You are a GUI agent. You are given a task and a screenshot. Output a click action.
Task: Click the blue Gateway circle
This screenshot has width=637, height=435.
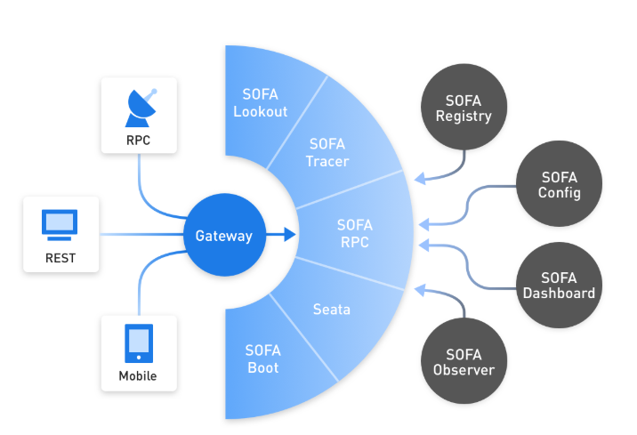[x=224, y=236]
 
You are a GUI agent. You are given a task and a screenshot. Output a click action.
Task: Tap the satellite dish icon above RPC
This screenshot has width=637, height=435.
[x=140, y=107]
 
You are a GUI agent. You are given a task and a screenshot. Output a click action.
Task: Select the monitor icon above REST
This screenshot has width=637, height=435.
[x=60, y=225]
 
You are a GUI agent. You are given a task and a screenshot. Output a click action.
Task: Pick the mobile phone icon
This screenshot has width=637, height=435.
[x=138, y=343]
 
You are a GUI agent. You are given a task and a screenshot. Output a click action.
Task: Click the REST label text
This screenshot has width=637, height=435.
[x=60, y=259]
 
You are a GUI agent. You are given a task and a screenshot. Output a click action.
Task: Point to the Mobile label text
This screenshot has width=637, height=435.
[x=138, y=376]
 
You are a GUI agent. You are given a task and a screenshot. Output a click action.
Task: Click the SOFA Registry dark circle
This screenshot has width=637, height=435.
[x=464, y=108]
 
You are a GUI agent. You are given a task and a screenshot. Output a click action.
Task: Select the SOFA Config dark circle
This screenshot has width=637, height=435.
[x=560, y=184]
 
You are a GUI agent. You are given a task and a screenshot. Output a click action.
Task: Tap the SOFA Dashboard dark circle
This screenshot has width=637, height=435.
[x=559, y=285]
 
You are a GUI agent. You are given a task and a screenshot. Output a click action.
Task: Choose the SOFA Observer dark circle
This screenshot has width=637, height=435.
[x=464, y=361]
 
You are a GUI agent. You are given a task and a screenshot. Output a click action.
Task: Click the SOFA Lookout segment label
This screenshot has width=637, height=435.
[x=261, y=102]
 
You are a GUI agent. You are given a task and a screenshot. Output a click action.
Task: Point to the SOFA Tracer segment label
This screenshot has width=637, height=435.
[x=327, y=152]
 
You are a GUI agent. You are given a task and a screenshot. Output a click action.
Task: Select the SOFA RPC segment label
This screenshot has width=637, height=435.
[x=355, y=233]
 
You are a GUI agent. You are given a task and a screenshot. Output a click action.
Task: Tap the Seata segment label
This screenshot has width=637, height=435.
[x=332, y=310]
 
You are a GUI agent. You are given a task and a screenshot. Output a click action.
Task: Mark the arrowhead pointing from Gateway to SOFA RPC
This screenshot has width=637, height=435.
[x=289, y=236]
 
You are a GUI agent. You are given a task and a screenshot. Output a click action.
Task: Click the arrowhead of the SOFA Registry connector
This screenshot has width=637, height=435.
[x=419, y=181]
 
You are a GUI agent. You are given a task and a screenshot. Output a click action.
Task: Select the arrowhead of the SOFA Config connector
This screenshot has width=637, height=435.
[x=423, y=222]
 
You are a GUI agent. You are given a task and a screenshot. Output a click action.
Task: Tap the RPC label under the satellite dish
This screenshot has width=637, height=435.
[x=140, y=141]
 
